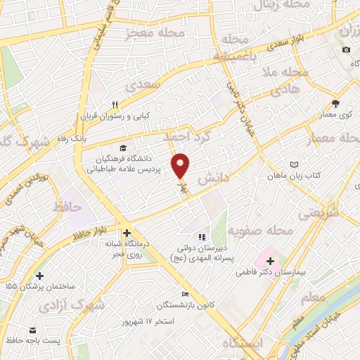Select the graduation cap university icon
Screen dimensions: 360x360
point(124,148)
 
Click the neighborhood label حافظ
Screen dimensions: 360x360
point(67,207)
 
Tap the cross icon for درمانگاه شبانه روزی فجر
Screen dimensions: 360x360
point(127,233)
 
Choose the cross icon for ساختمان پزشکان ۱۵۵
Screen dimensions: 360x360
point(39,276)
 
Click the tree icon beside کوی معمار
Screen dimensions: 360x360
point(335,103)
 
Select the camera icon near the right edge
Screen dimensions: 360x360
point(346,50)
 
